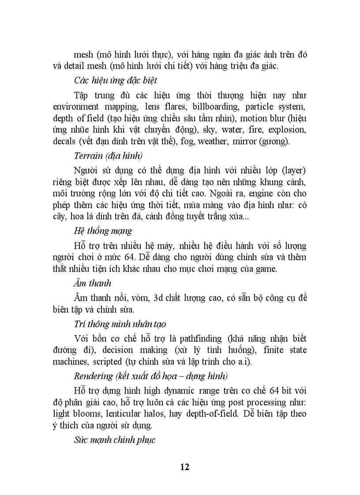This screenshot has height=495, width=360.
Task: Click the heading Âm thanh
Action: coord(93,283)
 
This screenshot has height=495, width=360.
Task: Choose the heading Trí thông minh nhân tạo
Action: coord(120,324)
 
